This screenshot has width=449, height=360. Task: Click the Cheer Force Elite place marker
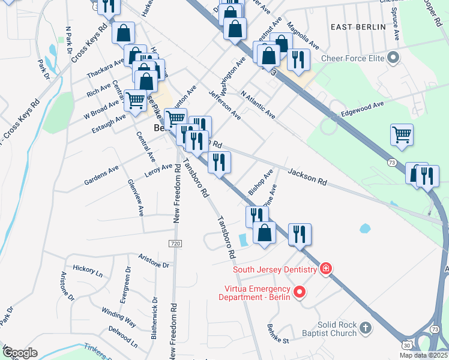pyautogui.click(x=394, y=58)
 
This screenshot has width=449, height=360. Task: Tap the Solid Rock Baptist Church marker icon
pyautogui.click(x=366, y=328)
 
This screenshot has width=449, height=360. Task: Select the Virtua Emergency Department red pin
pyautogui.click(x=300, y=293)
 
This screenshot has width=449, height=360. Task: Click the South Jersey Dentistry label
pyautogui.click(x=274, y=269)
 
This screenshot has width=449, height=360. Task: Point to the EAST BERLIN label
pyautogui.click(x=355, y=27)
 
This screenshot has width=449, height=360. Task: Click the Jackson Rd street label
pyautogui.click(x=306, y=176)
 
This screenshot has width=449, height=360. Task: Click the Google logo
pyautogui.click(x=20, y=353)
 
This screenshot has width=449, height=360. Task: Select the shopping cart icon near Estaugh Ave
pyautogui.click(x=136, y=101)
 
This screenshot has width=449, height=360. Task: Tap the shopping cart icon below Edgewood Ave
pyautogui.click(x=402, y=135)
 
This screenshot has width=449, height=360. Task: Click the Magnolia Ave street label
pyautogui.click(x=304, y=35)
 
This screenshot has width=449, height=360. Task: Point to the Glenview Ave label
pyautogui.click(x=136, y=197)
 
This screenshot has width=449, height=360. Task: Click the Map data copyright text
pyautogui.click(x=415, y=355)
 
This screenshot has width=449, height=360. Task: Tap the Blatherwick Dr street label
pyautogui.click(x=154, y=317)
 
